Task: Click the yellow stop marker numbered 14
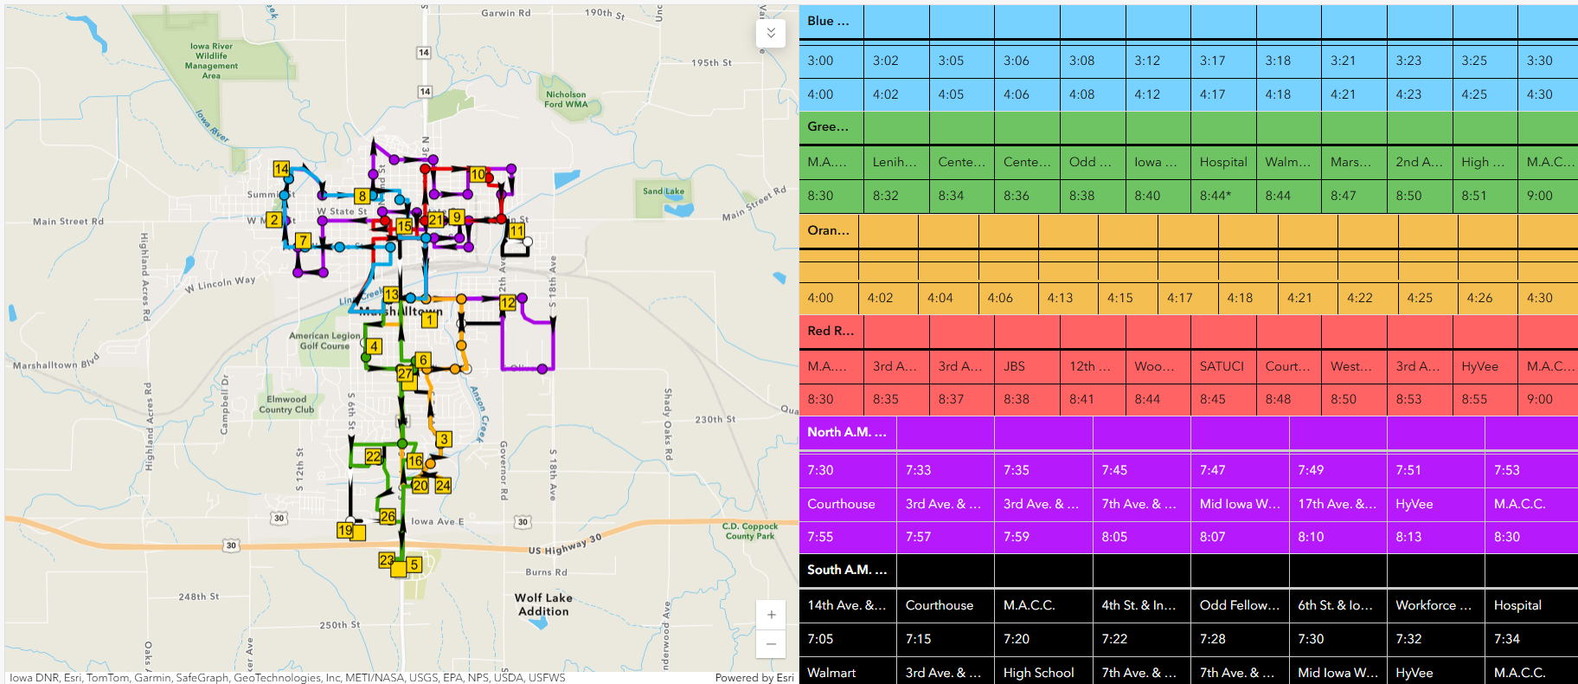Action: coord(281,169)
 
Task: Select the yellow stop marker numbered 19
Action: coord(345,530)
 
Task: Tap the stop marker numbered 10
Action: coord(478,174)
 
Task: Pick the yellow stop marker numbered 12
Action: coord(508,302)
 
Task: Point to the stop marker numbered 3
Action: coord(444,439)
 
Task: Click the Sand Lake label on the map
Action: coord(664,191)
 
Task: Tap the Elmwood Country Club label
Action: coord(286,404)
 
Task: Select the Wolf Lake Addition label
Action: coord(543,604)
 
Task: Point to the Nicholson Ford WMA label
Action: coord(566,100)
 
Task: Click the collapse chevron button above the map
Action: coord(771,34)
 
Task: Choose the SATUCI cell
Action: coord(1222,366)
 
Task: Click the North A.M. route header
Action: coord(847,432)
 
